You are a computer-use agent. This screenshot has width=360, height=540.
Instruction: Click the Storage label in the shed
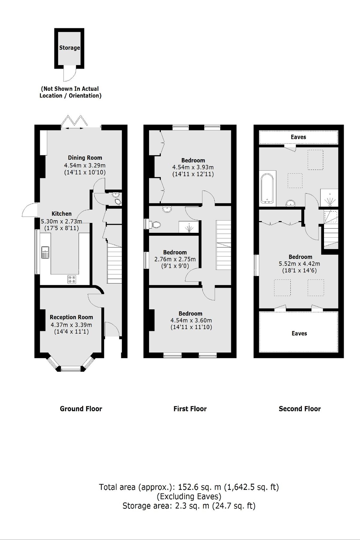click(x=69, y=48)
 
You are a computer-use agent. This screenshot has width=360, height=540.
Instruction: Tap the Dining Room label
click(x=85, y=158)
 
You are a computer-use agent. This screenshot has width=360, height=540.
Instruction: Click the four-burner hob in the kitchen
click(x=72, y=279)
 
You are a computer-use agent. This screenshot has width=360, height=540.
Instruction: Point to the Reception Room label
click(x=71, y=317)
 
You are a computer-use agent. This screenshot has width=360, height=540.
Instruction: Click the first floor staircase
click(x=223, y=245)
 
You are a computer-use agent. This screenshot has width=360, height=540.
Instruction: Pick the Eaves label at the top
click(x=298, y=137)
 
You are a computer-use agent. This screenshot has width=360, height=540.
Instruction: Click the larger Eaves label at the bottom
click(x=299, y=333)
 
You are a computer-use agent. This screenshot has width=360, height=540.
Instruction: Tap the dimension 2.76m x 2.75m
click(x=175, y=259)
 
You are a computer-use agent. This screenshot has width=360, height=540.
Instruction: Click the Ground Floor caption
click(x=81, y=409)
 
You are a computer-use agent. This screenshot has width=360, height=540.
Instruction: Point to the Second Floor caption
click(x=300, y=409)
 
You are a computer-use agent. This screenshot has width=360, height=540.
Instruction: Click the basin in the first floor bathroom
click(x=166, y=209)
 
